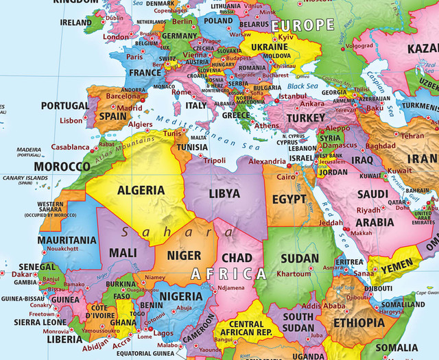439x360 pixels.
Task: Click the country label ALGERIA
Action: coord(141,190)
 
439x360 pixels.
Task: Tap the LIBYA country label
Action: coord(224,193)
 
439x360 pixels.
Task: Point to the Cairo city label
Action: coord(285,176)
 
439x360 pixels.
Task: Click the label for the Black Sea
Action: coord(303,86)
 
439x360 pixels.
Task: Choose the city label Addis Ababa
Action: coord(323,305)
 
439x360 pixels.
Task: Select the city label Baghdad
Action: coord(381,146)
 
